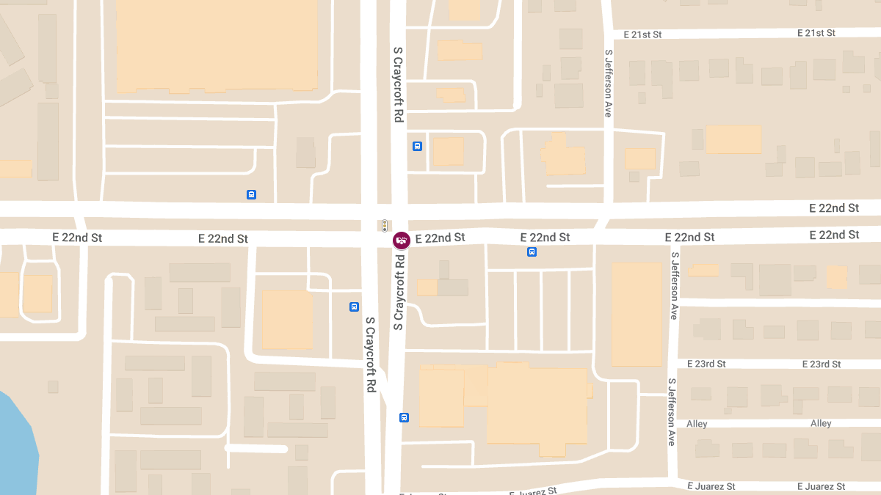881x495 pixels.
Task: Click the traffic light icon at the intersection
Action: click(384, 225)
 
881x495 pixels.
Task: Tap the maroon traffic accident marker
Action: click(401, 240)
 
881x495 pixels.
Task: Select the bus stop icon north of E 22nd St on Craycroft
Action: click(417, 146)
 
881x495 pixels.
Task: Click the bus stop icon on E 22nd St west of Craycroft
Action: click(251, 194)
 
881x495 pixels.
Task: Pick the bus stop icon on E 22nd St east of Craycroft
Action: click(532, 252)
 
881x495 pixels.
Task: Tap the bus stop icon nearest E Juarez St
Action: click(404, 417)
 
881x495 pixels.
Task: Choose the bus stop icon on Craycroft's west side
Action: click(354, 307)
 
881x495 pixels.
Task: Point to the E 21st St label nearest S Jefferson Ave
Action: click(642, 34)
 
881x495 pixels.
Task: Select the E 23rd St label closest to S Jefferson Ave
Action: click(706, 364)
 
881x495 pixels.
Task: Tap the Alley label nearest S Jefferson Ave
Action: click(697, 424)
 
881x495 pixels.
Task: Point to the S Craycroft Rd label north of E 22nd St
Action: click(398, 84)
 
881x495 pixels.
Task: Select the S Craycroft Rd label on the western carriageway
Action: click(371, 354)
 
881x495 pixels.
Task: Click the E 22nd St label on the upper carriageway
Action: click(834, 208)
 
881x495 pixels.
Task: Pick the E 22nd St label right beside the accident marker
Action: click(440, 238)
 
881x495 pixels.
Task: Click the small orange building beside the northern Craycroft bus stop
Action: click(448, 151)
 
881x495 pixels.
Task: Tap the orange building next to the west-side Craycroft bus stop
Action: click(287, 319)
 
